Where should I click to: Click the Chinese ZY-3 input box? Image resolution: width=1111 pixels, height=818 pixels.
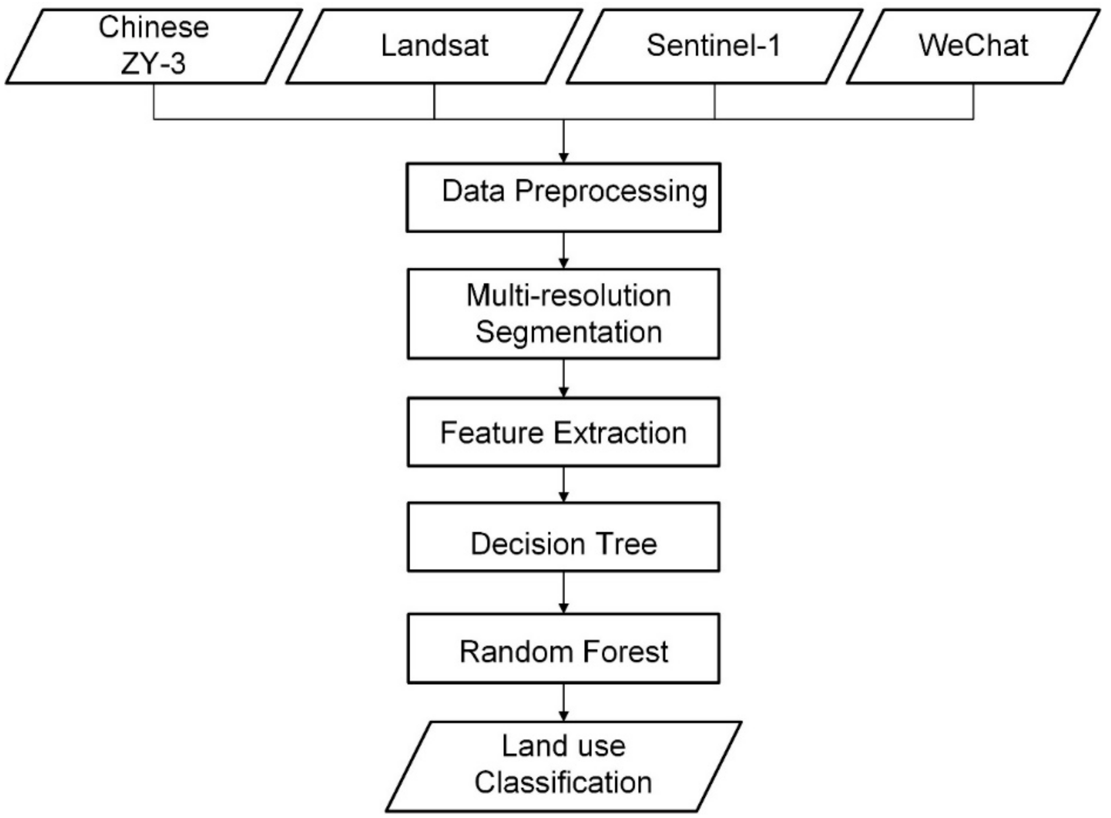(x=153, y=46)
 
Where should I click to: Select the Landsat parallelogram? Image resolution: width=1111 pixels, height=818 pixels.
(x=434, y=46)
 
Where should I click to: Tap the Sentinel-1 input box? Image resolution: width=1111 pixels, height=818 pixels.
(x=714, y=46)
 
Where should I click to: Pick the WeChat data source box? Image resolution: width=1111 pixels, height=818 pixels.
(x=973, y=46)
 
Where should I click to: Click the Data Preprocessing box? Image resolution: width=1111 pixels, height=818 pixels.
(x=563, y=197)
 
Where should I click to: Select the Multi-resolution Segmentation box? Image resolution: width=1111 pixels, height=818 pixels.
(x=563, y=313)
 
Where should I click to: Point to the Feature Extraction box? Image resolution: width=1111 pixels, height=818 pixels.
(x=563, y=432)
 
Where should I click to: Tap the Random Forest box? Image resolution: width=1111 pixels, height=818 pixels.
(x=563, y=648)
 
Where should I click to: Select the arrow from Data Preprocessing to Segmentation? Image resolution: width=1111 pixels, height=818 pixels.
(x=564, y=250)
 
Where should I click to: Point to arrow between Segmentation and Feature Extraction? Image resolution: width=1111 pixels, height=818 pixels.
(x=564, y=378)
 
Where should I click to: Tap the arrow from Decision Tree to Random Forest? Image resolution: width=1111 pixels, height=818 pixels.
(x=564, y=593)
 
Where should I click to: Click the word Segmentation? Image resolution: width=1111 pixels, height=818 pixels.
(x=569, y=332)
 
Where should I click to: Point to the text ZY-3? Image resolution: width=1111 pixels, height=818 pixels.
(x=153, y=64)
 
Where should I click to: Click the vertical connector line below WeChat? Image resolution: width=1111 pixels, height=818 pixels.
(x=973, y=101)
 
